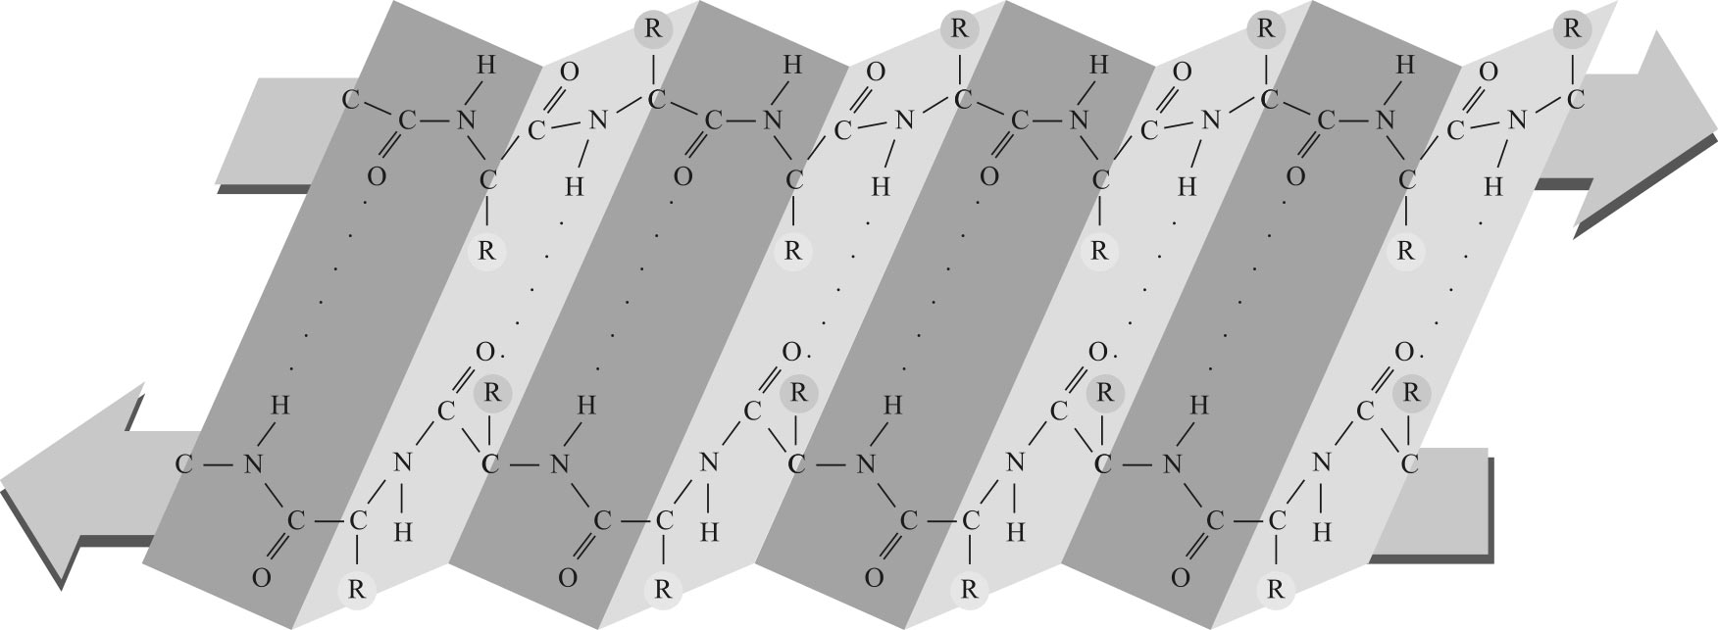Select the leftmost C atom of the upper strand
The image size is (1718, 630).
[350, 99]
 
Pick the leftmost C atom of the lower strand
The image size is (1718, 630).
[183, 464]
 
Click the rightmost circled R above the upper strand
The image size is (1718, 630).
[1571, 26]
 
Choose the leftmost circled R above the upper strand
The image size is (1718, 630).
[653, 26]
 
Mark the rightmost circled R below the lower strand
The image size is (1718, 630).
[1276, 590]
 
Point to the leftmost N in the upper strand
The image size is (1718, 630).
[466, 121]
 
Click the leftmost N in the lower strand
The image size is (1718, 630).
[253, 464]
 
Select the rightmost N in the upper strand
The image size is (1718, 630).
[1517, 121]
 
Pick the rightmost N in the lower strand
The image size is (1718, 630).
[1324, 460]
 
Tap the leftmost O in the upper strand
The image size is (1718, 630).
[376, 177]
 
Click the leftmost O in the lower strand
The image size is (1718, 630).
[261, 578]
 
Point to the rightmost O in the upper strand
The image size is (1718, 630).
[1489, 71]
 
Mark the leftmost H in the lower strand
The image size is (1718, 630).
[279, 404]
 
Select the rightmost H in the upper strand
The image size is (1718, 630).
[1492, 184]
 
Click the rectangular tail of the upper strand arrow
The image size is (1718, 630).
[275, 132]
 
